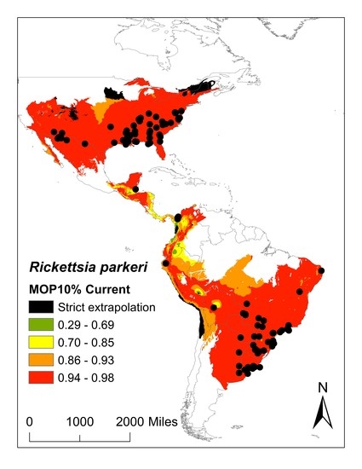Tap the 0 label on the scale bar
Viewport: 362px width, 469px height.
[31, 421]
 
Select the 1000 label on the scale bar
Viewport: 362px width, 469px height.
[80, 421]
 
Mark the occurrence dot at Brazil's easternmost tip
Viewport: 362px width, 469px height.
[322, 271]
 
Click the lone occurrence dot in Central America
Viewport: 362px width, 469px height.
[135, 188]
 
